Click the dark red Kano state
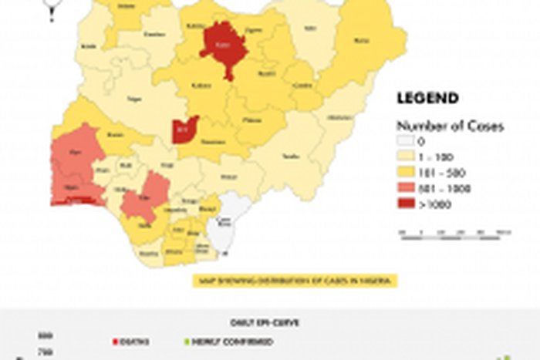coord(223,48)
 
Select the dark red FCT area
coord(185,128)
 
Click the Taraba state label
coord(291,156)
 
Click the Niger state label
coord(134,99)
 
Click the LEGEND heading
coord(427,99)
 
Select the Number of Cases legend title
coord(450,126)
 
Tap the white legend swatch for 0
coord(406,142)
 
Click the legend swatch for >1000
coord(406,204)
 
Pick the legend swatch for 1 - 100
coord(406,157)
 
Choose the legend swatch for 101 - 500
coord(406,173)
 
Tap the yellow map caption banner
coord(294,280)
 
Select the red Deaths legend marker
coord(115,341)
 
